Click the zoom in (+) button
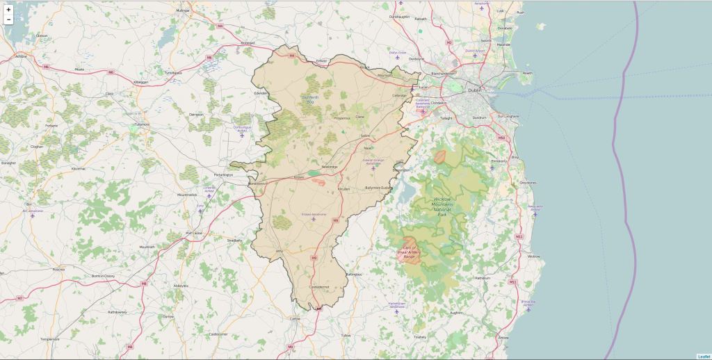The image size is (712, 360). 8,10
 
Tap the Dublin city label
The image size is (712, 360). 475,90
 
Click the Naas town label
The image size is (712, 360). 369,147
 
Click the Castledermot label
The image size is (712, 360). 318,286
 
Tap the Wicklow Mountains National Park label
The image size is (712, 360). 443,206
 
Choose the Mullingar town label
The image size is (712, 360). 183,11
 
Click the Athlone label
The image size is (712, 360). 21,56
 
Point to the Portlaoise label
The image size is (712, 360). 193,233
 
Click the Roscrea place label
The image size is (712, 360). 58,269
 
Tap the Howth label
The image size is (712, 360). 527,73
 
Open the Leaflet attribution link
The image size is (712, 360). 704,357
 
